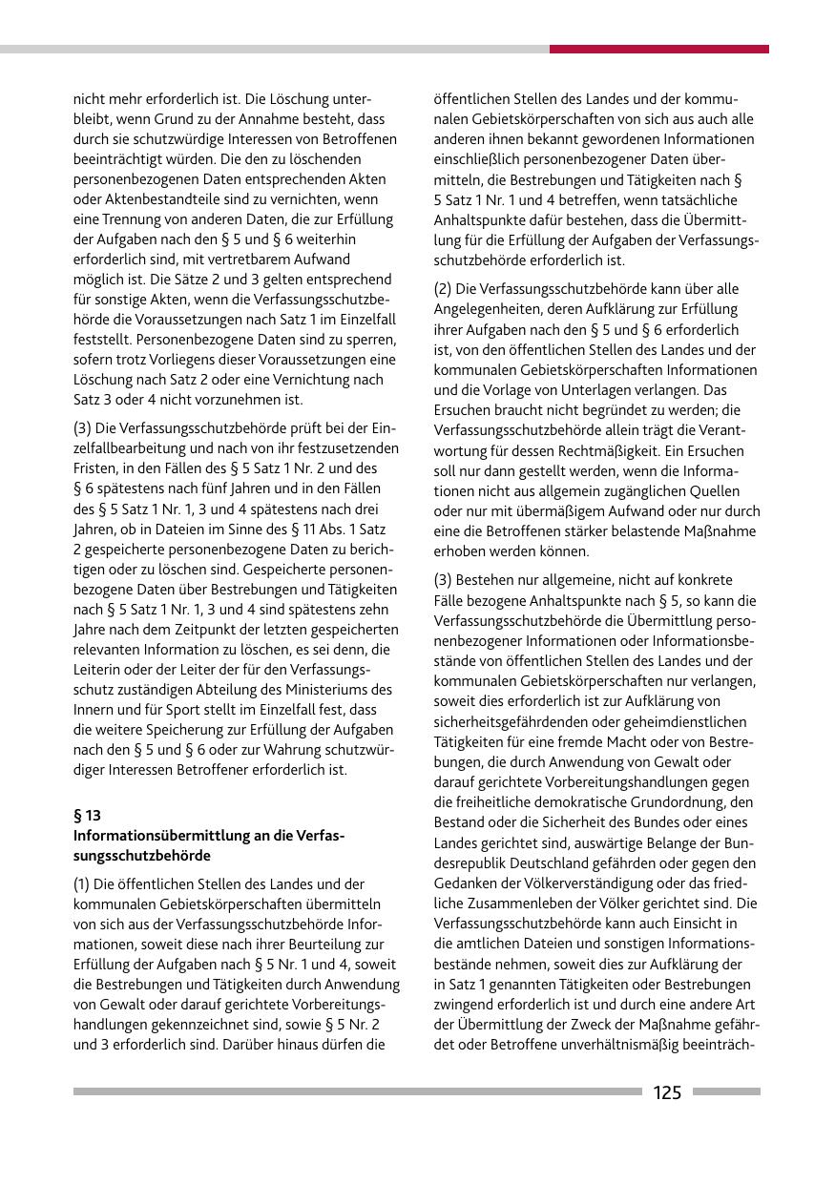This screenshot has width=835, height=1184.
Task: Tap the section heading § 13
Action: (87, 816)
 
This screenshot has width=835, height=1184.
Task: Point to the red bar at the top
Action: (658, 49)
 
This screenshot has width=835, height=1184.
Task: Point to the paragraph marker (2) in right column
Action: (444, 288)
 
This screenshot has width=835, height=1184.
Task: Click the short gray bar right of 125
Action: (726, 1091)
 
